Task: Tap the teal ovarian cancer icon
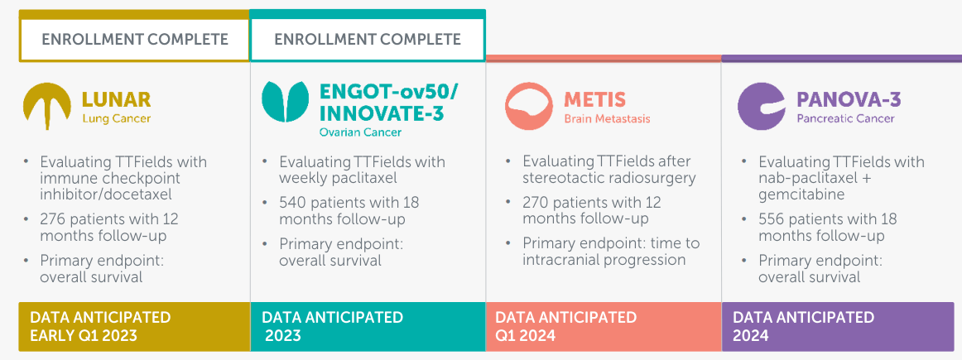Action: tap(286, 101)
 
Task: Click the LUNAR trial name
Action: tap(117, 100)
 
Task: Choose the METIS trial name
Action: tap(595, 99)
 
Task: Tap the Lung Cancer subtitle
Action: tap(116, 118)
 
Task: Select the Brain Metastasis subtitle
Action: tap(607, 118)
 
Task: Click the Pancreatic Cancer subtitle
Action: tap(845, 118)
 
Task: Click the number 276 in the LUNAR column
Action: tap(52, 219)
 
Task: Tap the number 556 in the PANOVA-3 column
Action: tap(771, 219)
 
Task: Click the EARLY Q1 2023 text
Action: tap(84, 335)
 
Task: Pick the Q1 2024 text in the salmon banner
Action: tap(525, 335)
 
